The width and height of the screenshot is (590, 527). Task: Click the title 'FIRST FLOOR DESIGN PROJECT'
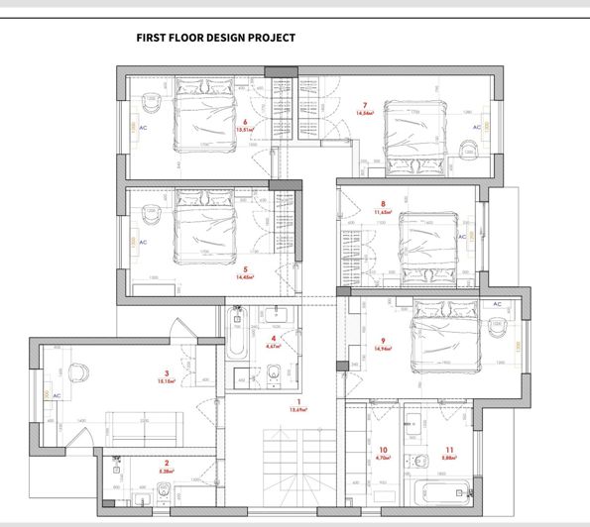pyautogui.click(x=215, y=38)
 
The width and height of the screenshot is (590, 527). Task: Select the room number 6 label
pyautogui.click(x=244, y=122)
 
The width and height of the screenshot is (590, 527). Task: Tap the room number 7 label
pyautogui.click(x=365, y=105)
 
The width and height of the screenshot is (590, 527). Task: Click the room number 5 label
pyautogui.click(x=244, y=269)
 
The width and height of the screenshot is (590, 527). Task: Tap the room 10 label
pyautogui.click(x=383, y=452)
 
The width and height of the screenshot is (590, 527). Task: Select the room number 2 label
pyautogui.click(x=167, y=463)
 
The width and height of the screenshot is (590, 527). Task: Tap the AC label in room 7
pyautogui.click(x=476, y=128)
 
